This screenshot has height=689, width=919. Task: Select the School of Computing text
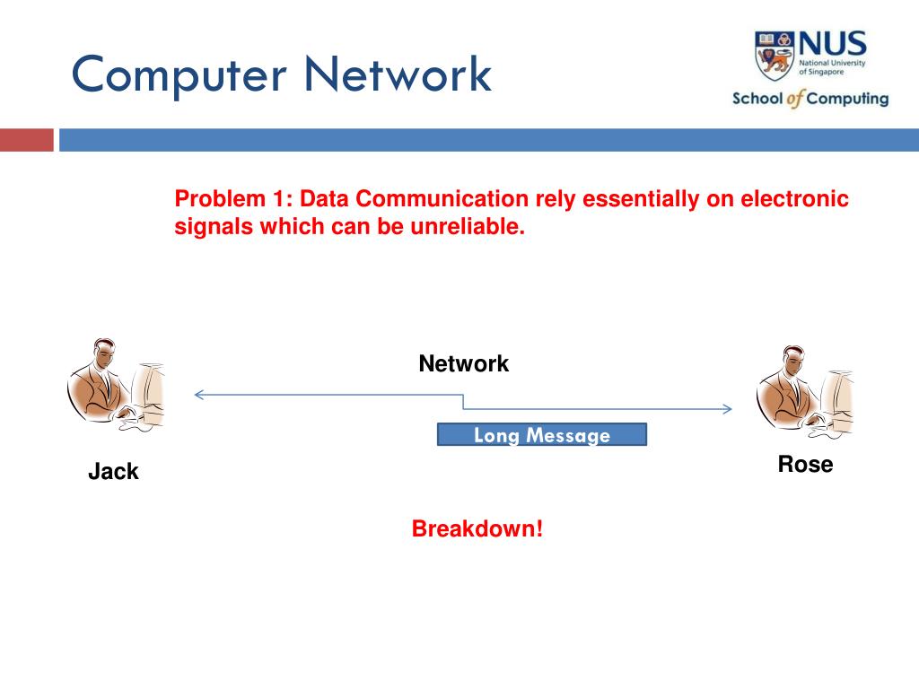[810, 99]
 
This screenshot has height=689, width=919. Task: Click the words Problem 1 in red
[229, 199]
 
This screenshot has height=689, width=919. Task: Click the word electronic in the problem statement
[794, 199]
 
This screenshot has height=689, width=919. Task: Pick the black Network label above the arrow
[463, 364]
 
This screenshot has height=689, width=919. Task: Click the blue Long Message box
[541, 435]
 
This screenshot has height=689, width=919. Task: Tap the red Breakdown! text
[477, 529]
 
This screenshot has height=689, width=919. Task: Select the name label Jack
[113, 472]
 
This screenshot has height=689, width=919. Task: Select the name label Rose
[805, 465]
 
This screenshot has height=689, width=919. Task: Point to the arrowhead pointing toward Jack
[199, 394]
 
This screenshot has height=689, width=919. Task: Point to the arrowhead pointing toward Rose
[727, 409]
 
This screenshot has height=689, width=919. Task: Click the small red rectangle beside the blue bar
[26, 140]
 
